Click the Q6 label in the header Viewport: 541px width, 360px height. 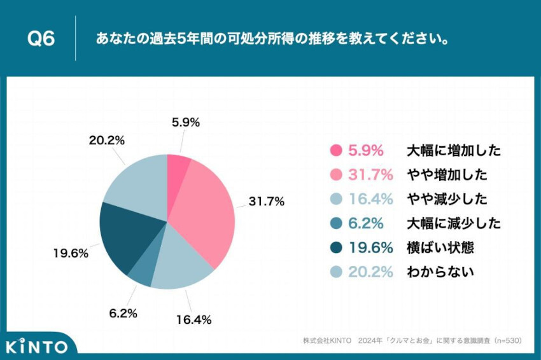pos(41,39)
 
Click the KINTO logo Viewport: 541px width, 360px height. pos(37,347)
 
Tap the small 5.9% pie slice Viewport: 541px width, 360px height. pos(178,167)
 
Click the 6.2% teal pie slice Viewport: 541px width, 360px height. pos(141,270)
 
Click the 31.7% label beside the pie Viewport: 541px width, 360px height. pos(266,202)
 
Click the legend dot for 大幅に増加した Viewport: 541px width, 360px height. pos(335,151)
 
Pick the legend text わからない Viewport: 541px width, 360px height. pos(440,272)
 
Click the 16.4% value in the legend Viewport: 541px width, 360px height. pos(365,199)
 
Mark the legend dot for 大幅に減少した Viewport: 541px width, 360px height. pos(335,223)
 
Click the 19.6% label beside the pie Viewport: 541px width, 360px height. pos(70,253)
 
